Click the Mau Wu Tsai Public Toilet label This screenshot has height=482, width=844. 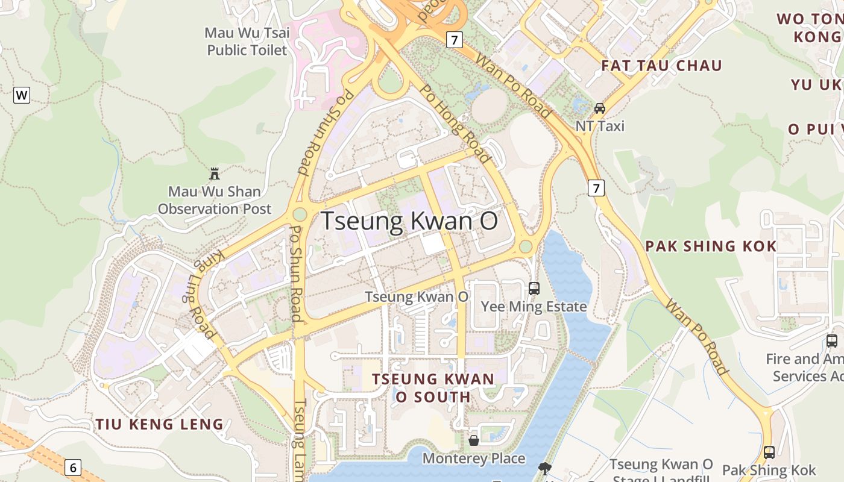[x=247, y=41]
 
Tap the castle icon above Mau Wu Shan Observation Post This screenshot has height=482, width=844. [x=214, y=174]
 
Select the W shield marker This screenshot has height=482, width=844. [x=22, y=95]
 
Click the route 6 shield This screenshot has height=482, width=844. [x=73, y=467]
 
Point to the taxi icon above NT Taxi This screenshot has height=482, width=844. [x=599, y=108]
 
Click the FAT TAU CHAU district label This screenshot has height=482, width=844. [x=661, y=66]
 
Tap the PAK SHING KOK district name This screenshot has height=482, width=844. [x=711, y=246]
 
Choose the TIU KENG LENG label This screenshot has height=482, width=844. [x=159, y=424]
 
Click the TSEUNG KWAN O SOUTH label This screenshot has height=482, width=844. [x=433, y=388]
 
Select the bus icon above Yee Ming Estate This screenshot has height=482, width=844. [x=534, y=288]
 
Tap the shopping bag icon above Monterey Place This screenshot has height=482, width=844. [x=474, y=440]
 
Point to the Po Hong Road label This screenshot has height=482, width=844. [x=455, y=124]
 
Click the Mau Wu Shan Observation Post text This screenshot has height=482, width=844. [x=215, y=200]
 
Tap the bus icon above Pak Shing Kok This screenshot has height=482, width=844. [x=769, y=452]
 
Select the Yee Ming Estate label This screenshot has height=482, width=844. [x=534, y=307]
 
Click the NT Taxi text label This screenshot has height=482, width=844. [x=599, y=126]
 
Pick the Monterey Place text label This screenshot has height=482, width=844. [x=474, y=459]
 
